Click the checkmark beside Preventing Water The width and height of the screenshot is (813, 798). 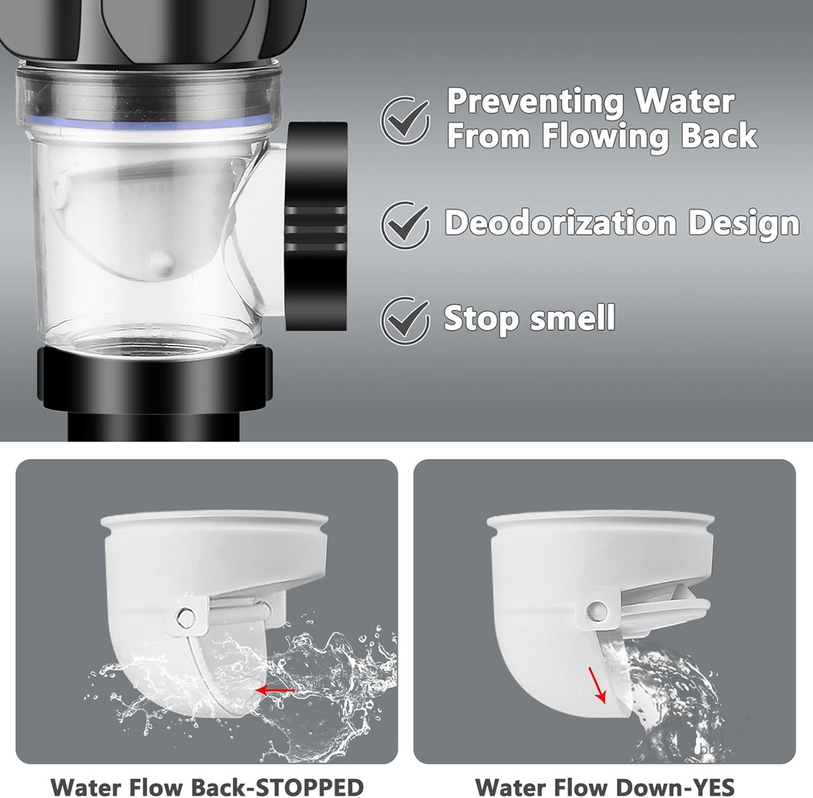click(x=406, y=119)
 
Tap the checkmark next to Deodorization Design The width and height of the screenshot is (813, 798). click(x=406, y=223)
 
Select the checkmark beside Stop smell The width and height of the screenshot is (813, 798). click(x=406, y=320)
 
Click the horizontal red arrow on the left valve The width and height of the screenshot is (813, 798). click(x=274, y=691)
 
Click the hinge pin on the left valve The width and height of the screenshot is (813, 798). click(x=186, y=616)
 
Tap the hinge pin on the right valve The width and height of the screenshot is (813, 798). click(x=597, y=610)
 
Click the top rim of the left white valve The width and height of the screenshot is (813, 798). click(x=214, y=520)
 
